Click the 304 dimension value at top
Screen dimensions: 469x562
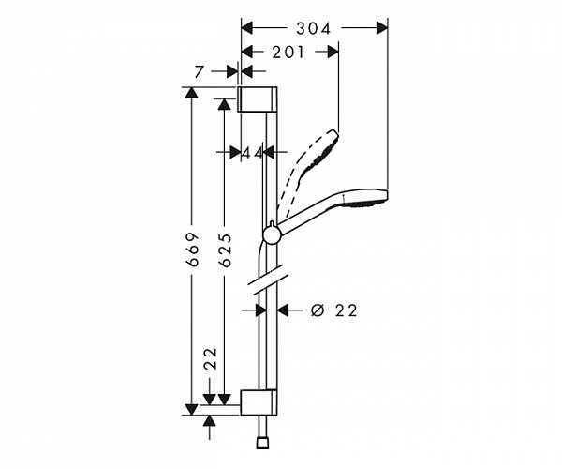(x=315, y=29)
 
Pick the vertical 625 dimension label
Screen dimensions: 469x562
(x=225, y=250)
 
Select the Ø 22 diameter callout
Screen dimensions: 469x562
(x=333, y=310)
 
